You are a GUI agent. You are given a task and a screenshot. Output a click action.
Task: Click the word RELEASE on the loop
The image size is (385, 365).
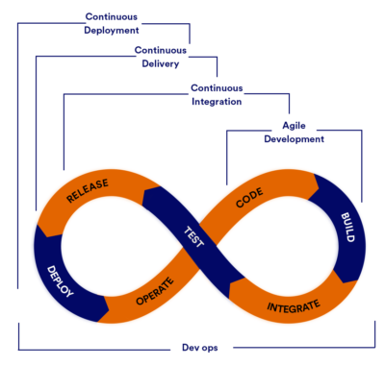(x=87, y=191)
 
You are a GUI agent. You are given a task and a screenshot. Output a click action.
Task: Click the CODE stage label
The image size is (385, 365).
(x=249, y=200)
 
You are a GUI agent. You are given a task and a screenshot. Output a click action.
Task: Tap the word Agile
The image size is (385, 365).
(x=295, y=126)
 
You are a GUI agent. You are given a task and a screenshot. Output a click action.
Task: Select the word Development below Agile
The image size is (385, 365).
(x=295, y=139)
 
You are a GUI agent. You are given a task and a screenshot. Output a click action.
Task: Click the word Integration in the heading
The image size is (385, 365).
(x=216, y=101)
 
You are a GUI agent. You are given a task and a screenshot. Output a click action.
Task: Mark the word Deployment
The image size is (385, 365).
(x=111, y=30)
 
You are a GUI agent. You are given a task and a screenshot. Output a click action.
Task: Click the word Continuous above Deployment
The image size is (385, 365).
(x=111, y=16)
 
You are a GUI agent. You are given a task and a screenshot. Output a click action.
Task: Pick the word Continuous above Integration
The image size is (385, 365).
(x=216, y=87)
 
